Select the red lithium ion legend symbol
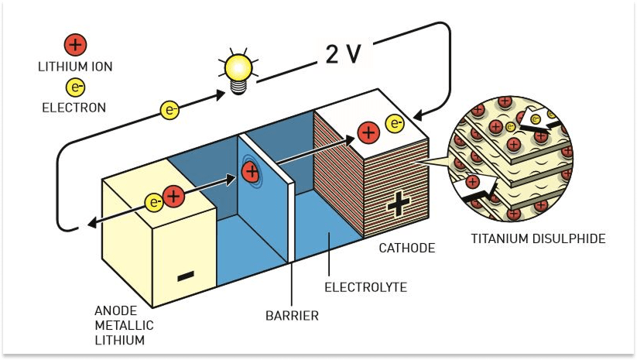[x=75, y=44]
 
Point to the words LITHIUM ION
[x=75, y=67]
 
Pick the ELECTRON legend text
[x=74, y=108]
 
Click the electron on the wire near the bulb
[x=170, y=110]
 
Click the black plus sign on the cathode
[x=398, y=204]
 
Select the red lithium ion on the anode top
[x=174, y=197]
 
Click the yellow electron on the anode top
[x=154, y=204]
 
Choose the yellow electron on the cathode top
[x=395, y=122]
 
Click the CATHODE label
[x=406, y=249]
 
